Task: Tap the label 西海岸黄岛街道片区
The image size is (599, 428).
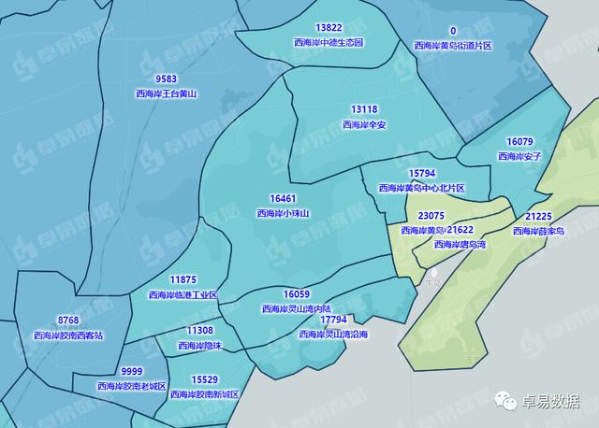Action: click(453, 45)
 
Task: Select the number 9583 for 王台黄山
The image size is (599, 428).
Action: click(167, 79)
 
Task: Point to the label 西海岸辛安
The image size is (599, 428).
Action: click(364, 123)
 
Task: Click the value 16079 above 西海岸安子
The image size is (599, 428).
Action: click(519, 142)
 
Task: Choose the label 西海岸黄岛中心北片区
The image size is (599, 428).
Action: click(421, 188)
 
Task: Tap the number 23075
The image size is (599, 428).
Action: click(431, 216)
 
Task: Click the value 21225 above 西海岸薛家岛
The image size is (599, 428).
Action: click(538, 216)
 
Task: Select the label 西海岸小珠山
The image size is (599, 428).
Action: click(283, 213)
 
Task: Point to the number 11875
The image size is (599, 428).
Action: click(183, 279)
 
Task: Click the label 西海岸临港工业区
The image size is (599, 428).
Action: click(183, 294)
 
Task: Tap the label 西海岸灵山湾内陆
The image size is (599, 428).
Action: click(297, 308)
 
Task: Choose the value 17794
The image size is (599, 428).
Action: click(333, 320)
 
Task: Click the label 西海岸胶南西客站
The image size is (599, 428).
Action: click(68, 335)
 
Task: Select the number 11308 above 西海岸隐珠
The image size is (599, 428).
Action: click(199, 331)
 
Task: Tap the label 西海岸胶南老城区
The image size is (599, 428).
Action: click(132, 386)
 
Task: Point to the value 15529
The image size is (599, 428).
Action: click(204, 379)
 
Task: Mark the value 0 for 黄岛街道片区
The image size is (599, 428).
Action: click(453, 31)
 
